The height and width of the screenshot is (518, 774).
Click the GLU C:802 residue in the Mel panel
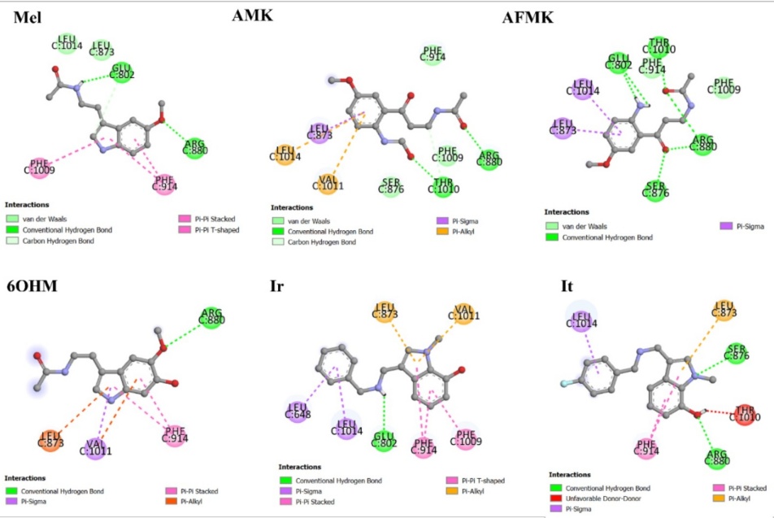[x=122, y=72]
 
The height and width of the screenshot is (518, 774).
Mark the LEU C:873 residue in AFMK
[x=563, y=128]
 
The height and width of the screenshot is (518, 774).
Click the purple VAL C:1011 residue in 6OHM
[x=95, y=447]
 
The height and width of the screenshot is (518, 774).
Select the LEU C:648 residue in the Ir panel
[x=298, y=412]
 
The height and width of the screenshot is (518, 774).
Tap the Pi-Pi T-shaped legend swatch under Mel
[x=184, y=230]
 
